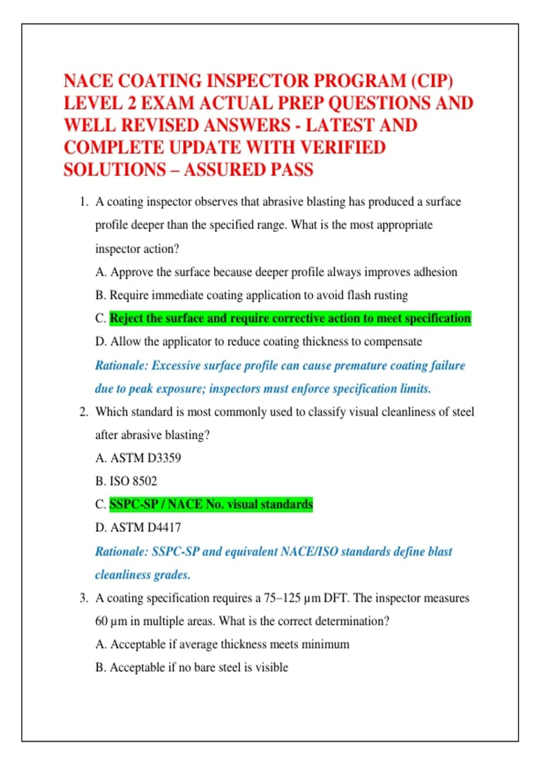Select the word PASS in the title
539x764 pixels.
point(292,170)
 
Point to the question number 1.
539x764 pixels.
point(83,202)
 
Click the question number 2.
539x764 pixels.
point(83,412)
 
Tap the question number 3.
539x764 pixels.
point(83,598)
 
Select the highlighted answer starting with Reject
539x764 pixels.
point(290,318)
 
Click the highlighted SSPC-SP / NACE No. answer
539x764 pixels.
point(211,504)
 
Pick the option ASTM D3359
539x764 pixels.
point(146,458)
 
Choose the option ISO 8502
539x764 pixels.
point(133,481)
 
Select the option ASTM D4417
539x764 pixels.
point(146,528)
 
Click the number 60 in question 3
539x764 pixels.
point(102,621)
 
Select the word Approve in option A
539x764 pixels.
point(132,272)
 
